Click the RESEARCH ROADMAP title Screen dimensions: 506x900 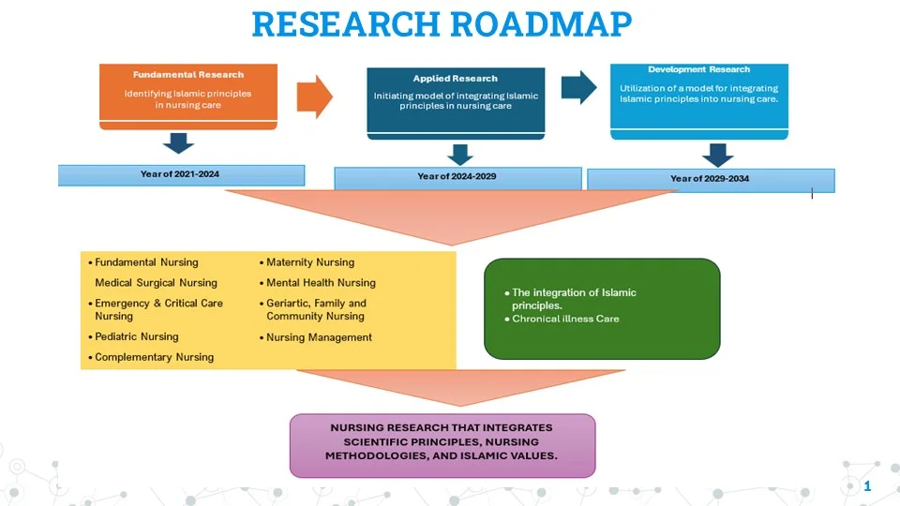coord(442,24)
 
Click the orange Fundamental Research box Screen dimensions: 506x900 coord(188,93)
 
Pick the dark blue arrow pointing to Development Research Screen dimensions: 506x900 coord(578,87)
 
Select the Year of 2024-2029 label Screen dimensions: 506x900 coord(457,177)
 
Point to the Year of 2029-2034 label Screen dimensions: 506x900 coord(710,179)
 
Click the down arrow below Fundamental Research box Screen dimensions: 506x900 coord(178,143)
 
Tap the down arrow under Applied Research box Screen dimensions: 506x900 coord(459,155)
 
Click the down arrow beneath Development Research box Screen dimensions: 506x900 coord(717,155)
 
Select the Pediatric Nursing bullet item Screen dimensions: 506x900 coord(136,336)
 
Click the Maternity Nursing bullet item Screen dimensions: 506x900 coord(309,262)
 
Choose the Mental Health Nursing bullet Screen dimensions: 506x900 coord(320,283)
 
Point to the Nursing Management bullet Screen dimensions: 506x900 coord(319,337)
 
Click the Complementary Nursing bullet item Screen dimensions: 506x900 coord(154,357)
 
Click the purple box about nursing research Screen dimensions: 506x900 coord(442,444)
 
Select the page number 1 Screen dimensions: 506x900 coord(867,485)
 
